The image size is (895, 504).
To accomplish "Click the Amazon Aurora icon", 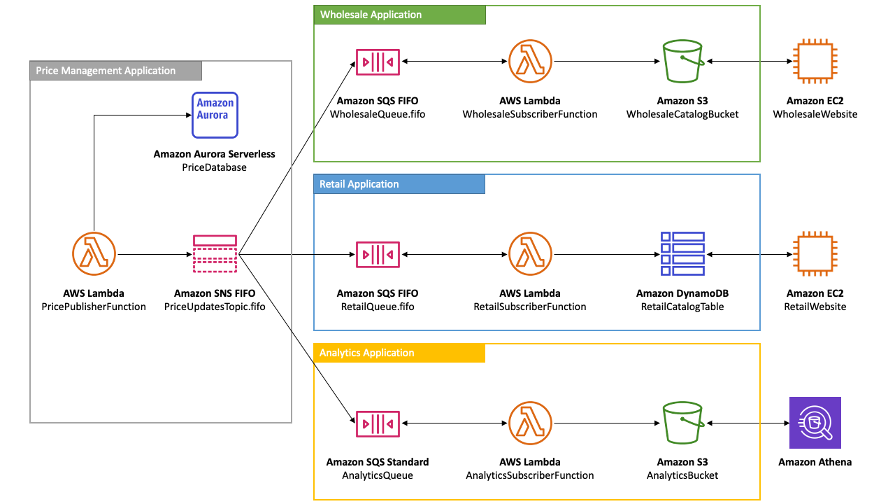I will (x=215, y=115).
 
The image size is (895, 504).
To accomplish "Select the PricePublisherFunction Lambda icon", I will (x=94, y=254).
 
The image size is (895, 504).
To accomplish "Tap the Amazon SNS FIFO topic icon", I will (x=215, y=254).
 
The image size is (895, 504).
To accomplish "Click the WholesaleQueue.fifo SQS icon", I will (x=378, y=62).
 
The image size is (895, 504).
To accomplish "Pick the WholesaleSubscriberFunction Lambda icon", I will (x=530, y=62).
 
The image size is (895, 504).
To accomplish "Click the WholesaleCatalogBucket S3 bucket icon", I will (x=682, y=62).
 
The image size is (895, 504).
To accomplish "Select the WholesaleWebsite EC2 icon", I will (x=815, y=62).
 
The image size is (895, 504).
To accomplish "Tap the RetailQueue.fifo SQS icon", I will (x=378, y=254).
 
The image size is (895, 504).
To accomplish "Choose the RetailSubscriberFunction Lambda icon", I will (x=530, y=254).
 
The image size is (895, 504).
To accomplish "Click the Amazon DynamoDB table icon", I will (x=682, y=254).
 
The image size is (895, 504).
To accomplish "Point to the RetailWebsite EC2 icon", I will (x=815, y=254).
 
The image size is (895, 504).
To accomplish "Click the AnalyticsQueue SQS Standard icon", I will (x=378, y=423).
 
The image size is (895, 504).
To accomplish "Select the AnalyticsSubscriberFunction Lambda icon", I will (x=530, y=423).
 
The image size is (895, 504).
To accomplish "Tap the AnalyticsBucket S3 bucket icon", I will (x=682, y=423).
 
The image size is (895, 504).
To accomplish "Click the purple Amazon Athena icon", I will (x=815, y=423).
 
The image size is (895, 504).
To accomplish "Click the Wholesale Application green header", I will (x=399, y=15).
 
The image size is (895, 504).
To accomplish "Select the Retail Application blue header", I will (x=399, y=184).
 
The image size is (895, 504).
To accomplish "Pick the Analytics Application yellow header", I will (x=399, y=353).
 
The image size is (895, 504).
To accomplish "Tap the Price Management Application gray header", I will (x=116, y=71).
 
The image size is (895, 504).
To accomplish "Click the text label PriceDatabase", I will (x=214, y=167).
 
